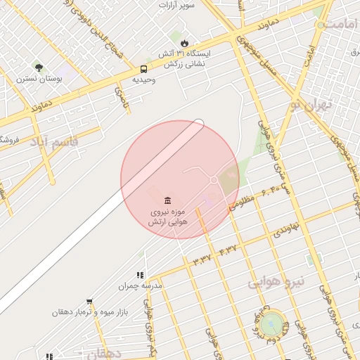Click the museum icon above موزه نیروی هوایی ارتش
[167, 200]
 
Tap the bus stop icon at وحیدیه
[143, 69]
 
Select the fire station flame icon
[184, 43]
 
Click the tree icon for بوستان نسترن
[38, 68]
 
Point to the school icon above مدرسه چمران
[140, 275]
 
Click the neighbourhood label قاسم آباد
[54, 142]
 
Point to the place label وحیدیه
[143, 80]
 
